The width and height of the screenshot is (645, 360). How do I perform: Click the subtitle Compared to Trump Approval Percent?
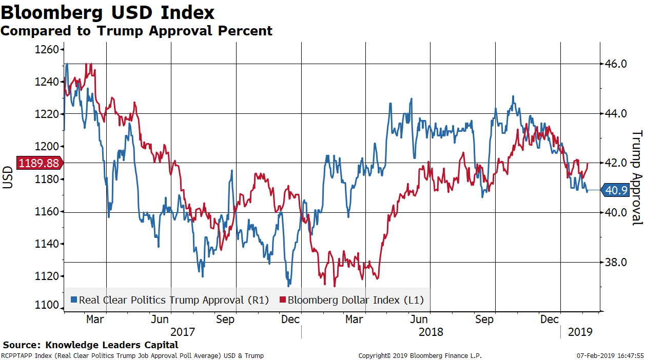tap(136, 31)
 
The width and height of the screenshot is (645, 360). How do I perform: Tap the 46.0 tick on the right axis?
tap(616, 64)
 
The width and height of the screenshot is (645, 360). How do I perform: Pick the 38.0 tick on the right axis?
tap(616, 262)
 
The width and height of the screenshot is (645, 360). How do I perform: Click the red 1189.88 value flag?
tap(39, 163)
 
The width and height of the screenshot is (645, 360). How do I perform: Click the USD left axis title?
tap(8, 177)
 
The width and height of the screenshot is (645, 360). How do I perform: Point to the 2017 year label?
tap(183, 332)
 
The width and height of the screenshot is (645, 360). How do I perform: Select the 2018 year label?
tap(431, 332)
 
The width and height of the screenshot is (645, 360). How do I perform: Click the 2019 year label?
tap(580, 332)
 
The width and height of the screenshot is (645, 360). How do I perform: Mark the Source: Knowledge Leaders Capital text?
tap(90, 345)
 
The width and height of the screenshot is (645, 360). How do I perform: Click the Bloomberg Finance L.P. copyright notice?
tap(420, 355)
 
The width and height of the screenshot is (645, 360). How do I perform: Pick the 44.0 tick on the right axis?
tap(616, 113)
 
